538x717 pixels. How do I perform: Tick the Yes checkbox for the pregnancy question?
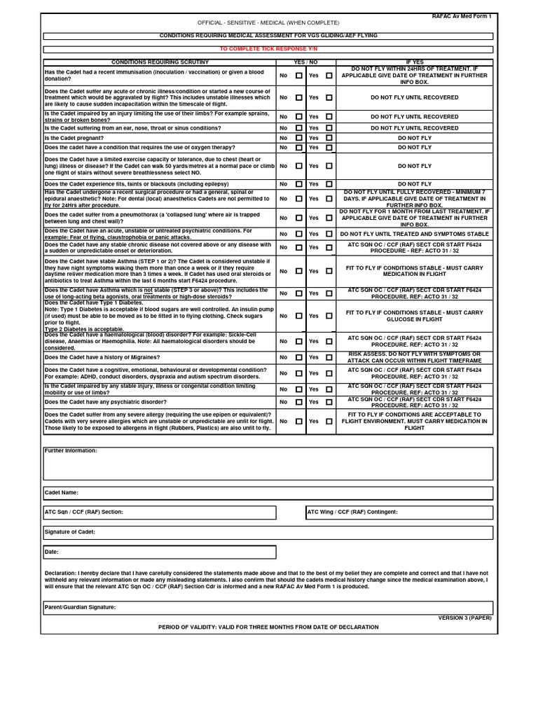[329, 138]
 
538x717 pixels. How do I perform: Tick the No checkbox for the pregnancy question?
[299, 138]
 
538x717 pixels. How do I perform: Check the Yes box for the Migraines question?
[329, 357]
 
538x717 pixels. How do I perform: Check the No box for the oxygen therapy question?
[299, 148]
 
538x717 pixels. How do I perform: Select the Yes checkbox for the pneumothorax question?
[329, 218]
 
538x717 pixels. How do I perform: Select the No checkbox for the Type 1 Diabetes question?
[299, 316]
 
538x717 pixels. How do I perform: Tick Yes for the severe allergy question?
[329, 422]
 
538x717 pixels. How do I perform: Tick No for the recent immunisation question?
[299, 75]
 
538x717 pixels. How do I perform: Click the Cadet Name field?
[268, 493]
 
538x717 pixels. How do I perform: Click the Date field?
[160, 552]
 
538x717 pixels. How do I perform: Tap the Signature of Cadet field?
[268, 532]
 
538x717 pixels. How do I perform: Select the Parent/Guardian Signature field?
[268, 608]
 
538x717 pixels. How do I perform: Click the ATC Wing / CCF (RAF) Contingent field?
[399, 513]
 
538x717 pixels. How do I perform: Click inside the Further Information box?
[268, 464]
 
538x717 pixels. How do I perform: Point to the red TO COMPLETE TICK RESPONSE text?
[268, 50]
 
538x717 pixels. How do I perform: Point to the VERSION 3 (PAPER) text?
[464, 618]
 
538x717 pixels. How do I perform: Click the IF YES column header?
[415, 62]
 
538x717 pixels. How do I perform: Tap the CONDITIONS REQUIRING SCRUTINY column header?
[160, 62]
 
